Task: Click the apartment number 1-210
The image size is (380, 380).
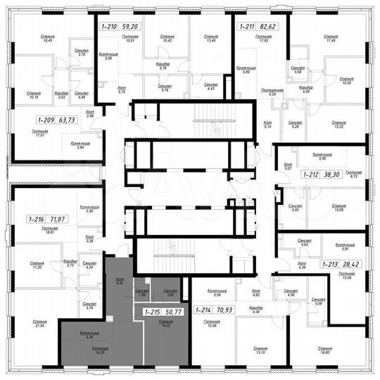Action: [109, 27]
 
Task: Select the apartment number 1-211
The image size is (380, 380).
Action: [247, 27]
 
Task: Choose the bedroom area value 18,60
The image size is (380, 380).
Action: [324, 353]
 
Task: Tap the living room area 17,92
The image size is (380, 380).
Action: [264, 39]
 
